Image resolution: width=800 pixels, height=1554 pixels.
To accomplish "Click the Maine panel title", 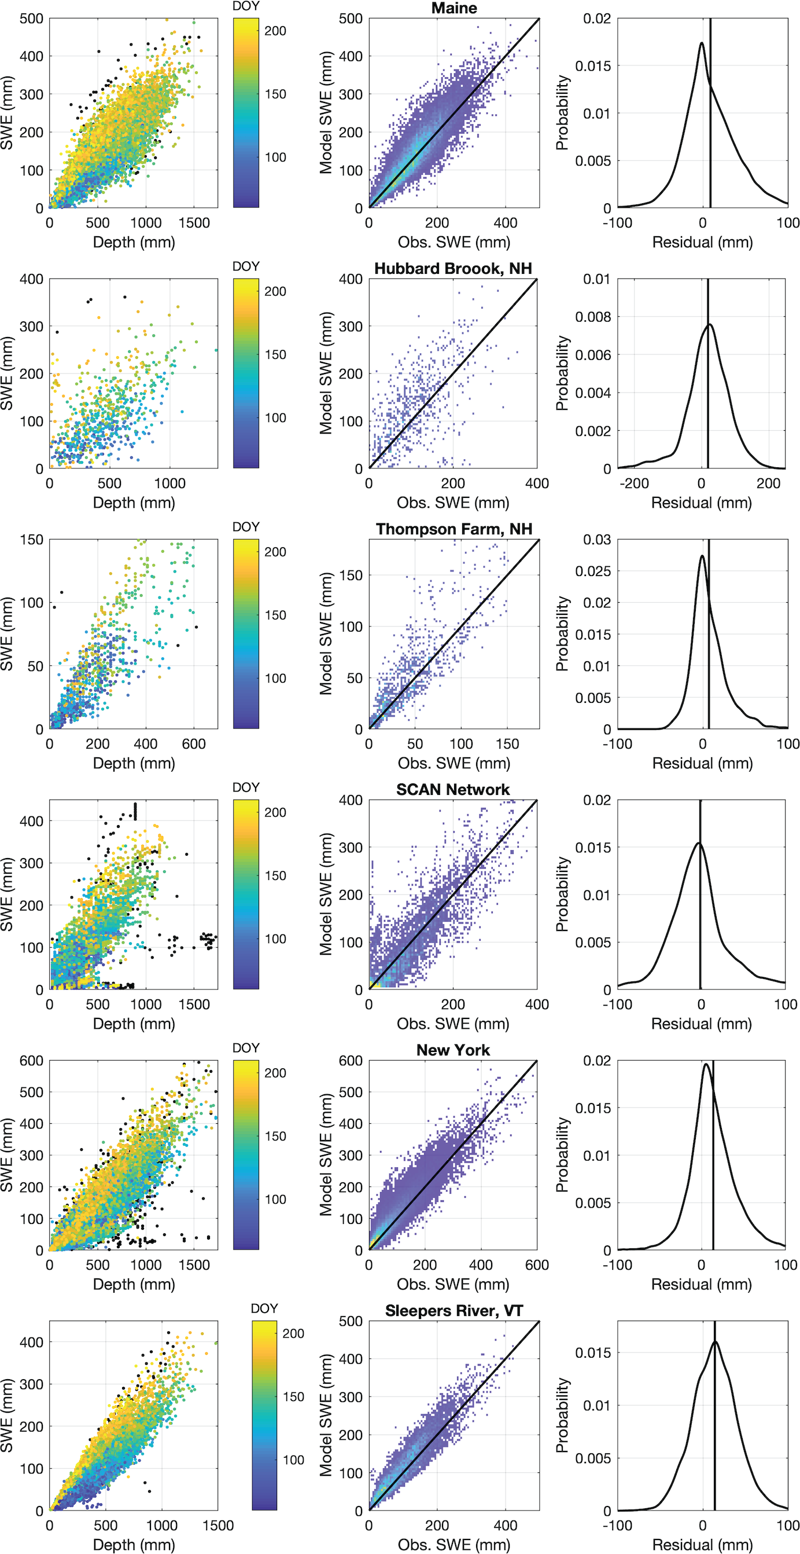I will (x=454, y=9).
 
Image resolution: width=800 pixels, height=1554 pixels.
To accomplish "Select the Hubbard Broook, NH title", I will (x=453, y=269).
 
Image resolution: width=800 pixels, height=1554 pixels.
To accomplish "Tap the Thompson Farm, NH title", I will (x=454, y=529).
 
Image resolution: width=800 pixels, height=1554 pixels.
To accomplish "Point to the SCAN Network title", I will (x=453, y=790).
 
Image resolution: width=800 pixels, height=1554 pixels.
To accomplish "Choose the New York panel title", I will (x=453, y=1050).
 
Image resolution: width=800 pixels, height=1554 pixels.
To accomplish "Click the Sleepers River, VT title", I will (x=454, y=1311).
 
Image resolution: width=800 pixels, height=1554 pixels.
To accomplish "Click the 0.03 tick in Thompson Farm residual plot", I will (x=597, y=539).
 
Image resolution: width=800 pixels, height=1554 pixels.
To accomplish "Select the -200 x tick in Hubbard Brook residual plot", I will (x=633, y=483).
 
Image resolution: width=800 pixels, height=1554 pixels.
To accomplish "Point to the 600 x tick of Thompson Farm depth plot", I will (x=194, y=744).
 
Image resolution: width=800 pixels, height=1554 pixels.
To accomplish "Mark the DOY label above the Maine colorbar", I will (x=246, y=6).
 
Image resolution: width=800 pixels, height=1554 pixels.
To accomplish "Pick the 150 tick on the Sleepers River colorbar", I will (x=294, y=1397).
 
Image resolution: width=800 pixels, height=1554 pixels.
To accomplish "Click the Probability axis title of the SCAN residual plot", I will (x=562, y=894).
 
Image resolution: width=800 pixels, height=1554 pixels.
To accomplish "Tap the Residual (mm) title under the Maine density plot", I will (x=702, y=243).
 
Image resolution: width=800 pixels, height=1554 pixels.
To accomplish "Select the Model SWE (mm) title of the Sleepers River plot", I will (x=326, y=1415).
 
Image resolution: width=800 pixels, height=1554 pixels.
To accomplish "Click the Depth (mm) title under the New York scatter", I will (x=134, y=1284).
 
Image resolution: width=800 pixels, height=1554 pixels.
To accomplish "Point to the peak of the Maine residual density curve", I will (x=702, y=43).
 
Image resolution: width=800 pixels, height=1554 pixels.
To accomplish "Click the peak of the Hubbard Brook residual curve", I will (x=710, y=325).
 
